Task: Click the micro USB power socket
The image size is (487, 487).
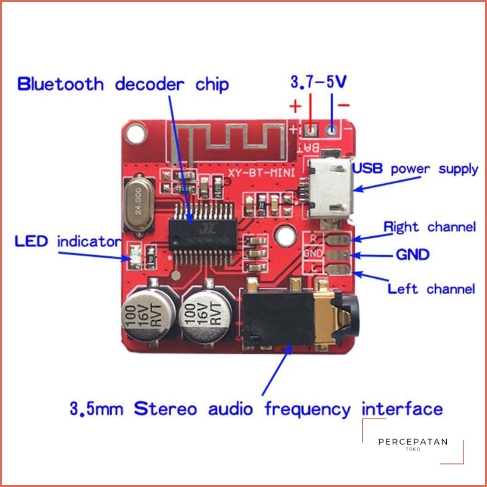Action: click(x=329, y=189)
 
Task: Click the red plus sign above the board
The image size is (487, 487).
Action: click(x=295, y=107)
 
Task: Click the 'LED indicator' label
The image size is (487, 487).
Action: click(x=68, y=242)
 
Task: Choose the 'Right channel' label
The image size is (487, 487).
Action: click(x=429, y=227)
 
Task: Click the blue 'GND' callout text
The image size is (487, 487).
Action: click(x=413, y=254)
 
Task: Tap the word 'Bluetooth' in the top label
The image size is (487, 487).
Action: click(x=61, y=84)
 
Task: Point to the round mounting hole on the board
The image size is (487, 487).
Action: click(x=284, y=234)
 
